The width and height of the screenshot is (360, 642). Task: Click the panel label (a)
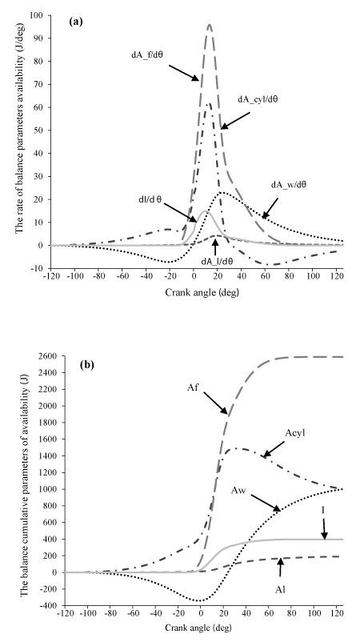(x=76, y=22)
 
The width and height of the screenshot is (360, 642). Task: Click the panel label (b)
(x=87, y=365)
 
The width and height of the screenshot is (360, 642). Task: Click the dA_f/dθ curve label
(x=147, y=54)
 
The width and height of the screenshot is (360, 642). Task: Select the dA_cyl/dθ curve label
(x=258, y=98)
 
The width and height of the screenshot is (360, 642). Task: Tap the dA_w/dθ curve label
(x=289, y=185)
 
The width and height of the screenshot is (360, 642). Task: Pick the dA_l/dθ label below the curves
(x=218, y=259)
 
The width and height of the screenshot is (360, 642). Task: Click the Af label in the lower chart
(x=193, y=387)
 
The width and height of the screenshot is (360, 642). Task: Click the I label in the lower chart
(x=322, y=510)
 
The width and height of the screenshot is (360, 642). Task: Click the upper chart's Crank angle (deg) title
(x=202, y=292)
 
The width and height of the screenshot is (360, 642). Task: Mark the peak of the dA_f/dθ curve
(x=210, y=24)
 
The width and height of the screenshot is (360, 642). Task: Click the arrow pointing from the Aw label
(x=266, y=503)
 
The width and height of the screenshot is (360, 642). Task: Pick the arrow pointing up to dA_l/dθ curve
(x=215, y=246)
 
